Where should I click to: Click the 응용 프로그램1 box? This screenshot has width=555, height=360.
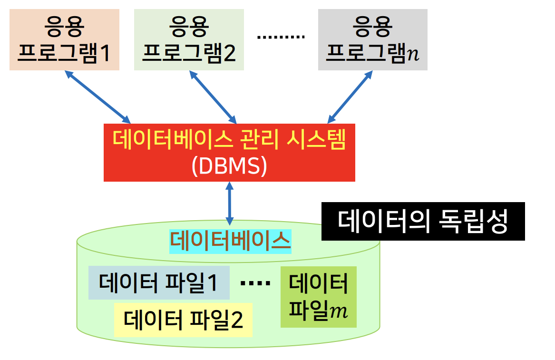click(64, 39)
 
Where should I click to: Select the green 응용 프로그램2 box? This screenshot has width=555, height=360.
click(189, 39)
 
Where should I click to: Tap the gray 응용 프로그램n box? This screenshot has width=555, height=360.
click(372, 39)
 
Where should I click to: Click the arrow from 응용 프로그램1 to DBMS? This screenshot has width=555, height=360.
click(97, 97)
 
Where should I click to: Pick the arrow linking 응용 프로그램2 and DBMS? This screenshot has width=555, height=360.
click(213, 97)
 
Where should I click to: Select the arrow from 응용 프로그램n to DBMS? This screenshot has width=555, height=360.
click(350, 97)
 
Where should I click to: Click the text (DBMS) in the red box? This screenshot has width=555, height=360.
click(229, 166)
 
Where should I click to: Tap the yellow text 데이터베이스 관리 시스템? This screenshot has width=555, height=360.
click(229, 140)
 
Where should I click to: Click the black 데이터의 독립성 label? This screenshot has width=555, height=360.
click(423, 222)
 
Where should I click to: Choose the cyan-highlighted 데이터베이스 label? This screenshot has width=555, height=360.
click(230, 241)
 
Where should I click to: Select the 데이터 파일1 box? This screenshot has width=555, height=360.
click(159, 283)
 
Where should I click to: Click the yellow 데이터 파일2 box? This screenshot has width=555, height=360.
click(183, 320)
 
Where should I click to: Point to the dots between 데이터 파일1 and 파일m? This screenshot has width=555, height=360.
click(255, 284)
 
